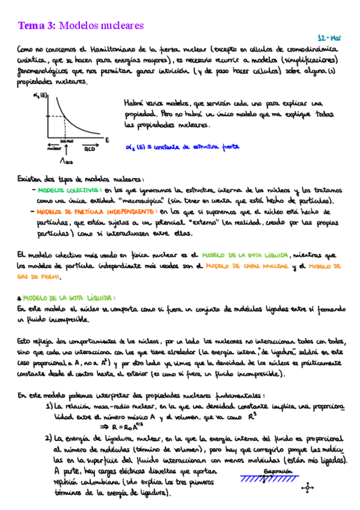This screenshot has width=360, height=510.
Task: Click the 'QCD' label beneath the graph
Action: [x=88, y=148]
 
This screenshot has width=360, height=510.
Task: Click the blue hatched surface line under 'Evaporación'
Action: [x=270, y=479]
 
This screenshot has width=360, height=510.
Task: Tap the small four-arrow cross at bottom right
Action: [x=309, y=488]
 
